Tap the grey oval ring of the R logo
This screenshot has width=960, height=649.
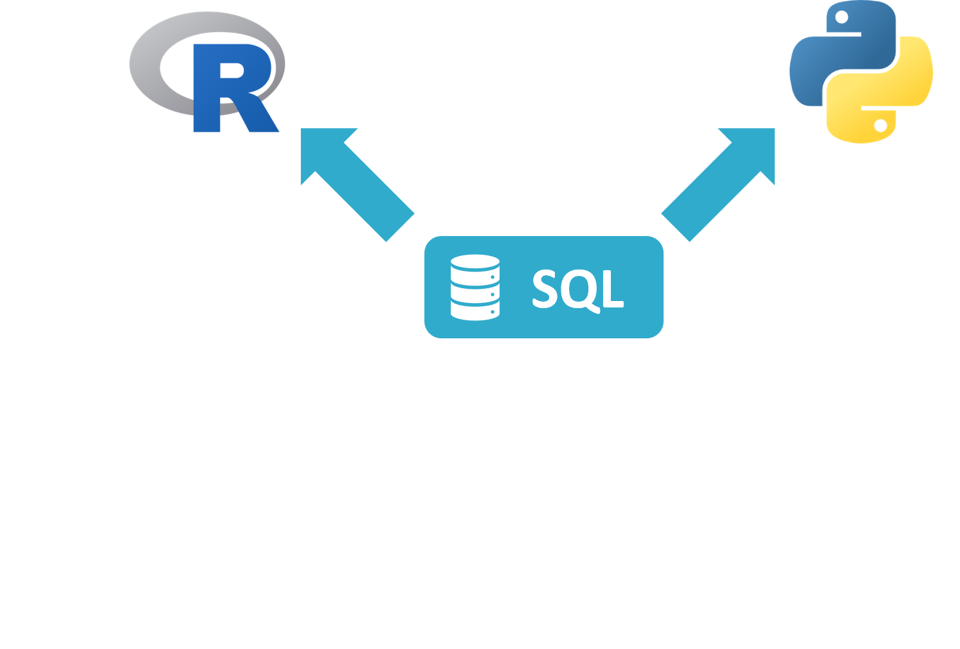click(146, 64)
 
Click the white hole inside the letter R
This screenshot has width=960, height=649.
click(231, 70)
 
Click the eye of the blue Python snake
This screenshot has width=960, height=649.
click(842, 17)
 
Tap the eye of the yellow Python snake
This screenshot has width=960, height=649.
click(881, 125)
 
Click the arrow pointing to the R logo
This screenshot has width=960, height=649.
click(358, 185)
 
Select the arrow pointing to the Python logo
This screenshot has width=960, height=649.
click(718, 185)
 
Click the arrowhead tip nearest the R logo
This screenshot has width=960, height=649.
click(302, 129)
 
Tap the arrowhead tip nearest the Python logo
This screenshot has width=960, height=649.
click(774, 129)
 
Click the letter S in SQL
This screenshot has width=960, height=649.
click(545, 289)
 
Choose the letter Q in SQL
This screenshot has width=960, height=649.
click(580, 289)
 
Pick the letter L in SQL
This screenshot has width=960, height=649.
click(613, 289)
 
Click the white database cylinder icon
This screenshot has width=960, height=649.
click(475, 288)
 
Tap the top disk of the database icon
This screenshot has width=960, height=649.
click(475, 262)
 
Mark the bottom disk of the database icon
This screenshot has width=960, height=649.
click(475, 311)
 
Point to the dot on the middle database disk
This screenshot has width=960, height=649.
click(493, 295)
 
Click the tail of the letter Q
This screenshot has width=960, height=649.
click(593, 309)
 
